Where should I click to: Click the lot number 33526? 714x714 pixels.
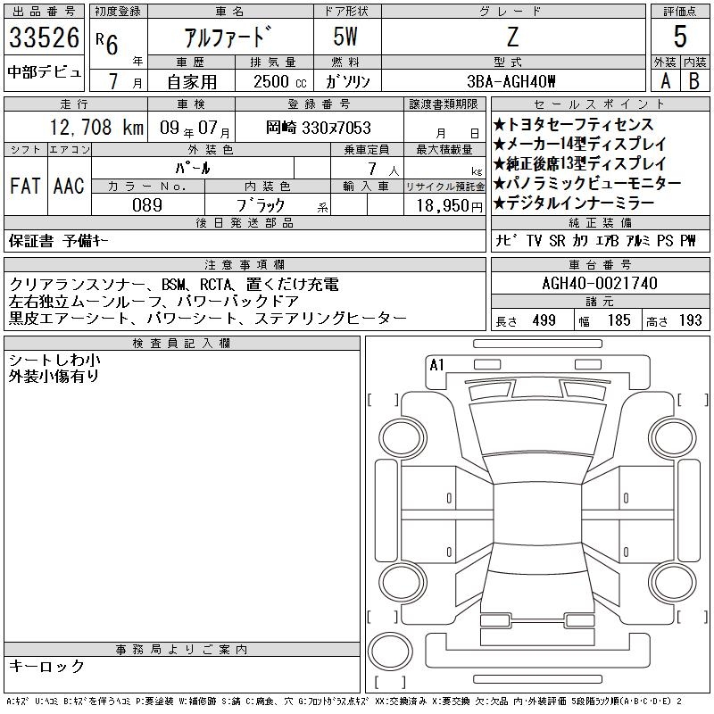[44, 37]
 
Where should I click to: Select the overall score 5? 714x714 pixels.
[680, 37]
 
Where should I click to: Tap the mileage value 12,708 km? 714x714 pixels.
[96, 128]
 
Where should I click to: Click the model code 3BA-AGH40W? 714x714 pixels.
[511, 81]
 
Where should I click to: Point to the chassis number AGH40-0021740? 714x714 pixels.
[600, 283]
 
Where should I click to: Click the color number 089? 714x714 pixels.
[147, 205]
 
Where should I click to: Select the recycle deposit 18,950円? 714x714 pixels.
[450, 206]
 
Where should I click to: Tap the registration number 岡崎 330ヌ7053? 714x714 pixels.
[319, 128]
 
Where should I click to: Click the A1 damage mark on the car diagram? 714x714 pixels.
[436, 365]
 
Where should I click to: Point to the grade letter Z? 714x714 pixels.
[512, 37]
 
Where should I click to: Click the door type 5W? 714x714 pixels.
[345, 37]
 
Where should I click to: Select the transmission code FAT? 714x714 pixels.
[25, 186]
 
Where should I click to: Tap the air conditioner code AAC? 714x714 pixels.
[69, 186]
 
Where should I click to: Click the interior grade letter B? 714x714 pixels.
[694, 81]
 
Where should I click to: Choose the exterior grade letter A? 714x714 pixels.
[666, 81]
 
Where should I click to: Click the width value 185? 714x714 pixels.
[619, 320]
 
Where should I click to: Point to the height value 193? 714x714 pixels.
[690, 320]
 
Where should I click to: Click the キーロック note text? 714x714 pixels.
[46, 666]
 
